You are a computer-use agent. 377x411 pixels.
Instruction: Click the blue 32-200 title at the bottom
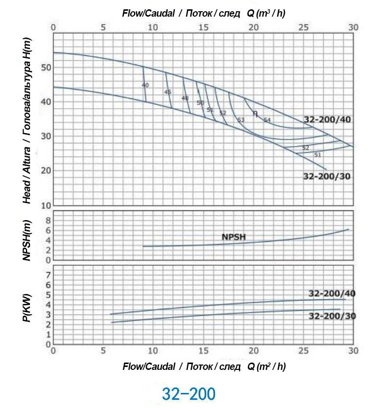point(188,394)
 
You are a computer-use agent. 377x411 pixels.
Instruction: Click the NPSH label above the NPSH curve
point(234,237)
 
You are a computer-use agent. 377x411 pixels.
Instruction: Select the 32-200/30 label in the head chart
point(327,177)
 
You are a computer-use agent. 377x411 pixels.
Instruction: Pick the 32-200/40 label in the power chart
point(332,294)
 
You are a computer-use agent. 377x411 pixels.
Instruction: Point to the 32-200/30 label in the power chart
point(332,316)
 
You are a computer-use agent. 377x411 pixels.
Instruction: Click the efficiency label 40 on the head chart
point(145,85)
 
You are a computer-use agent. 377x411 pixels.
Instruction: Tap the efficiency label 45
point(168,92)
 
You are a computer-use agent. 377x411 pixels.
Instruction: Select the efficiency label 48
point(185,98)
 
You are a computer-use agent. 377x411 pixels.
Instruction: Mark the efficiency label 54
point(267,119)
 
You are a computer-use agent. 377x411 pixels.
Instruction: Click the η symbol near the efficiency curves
point(255,113)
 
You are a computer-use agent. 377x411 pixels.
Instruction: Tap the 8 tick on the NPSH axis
point(48,221)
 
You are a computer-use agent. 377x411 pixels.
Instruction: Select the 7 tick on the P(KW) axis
point(48,275)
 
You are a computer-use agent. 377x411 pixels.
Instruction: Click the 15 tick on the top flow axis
point(203,27)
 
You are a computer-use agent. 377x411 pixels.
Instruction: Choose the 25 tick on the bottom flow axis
point(303,351)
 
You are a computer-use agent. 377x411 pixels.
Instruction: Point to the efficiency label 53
point(240,120)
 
